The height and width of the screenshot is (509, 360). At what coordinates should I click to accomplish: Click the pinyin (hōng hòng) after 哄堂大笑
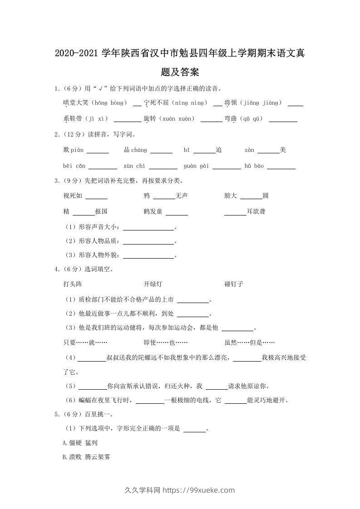(x=111, y=103)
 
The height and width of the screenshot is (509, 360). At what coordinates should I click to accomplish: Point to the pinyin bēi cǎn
(x=74, y=166)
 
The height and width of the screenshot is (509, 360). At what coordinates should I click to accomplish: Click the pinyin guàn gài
(x=196, y=166)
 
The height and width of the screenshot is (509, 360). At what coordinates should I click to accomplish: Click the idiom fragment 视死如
(x=73, y=196)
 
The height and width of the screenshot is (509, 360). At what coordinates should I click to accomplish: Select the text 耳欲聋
(x=256, y=211)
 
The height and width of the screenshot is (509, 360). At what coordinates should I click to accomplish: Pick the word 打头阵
(x=73, y=284)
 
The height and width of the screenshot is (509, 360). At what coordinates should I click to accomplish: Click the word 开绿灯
(x=153, y=284)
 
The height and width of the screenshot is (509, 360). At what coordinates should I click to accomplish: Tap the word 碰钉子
(x=234, y=284)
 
